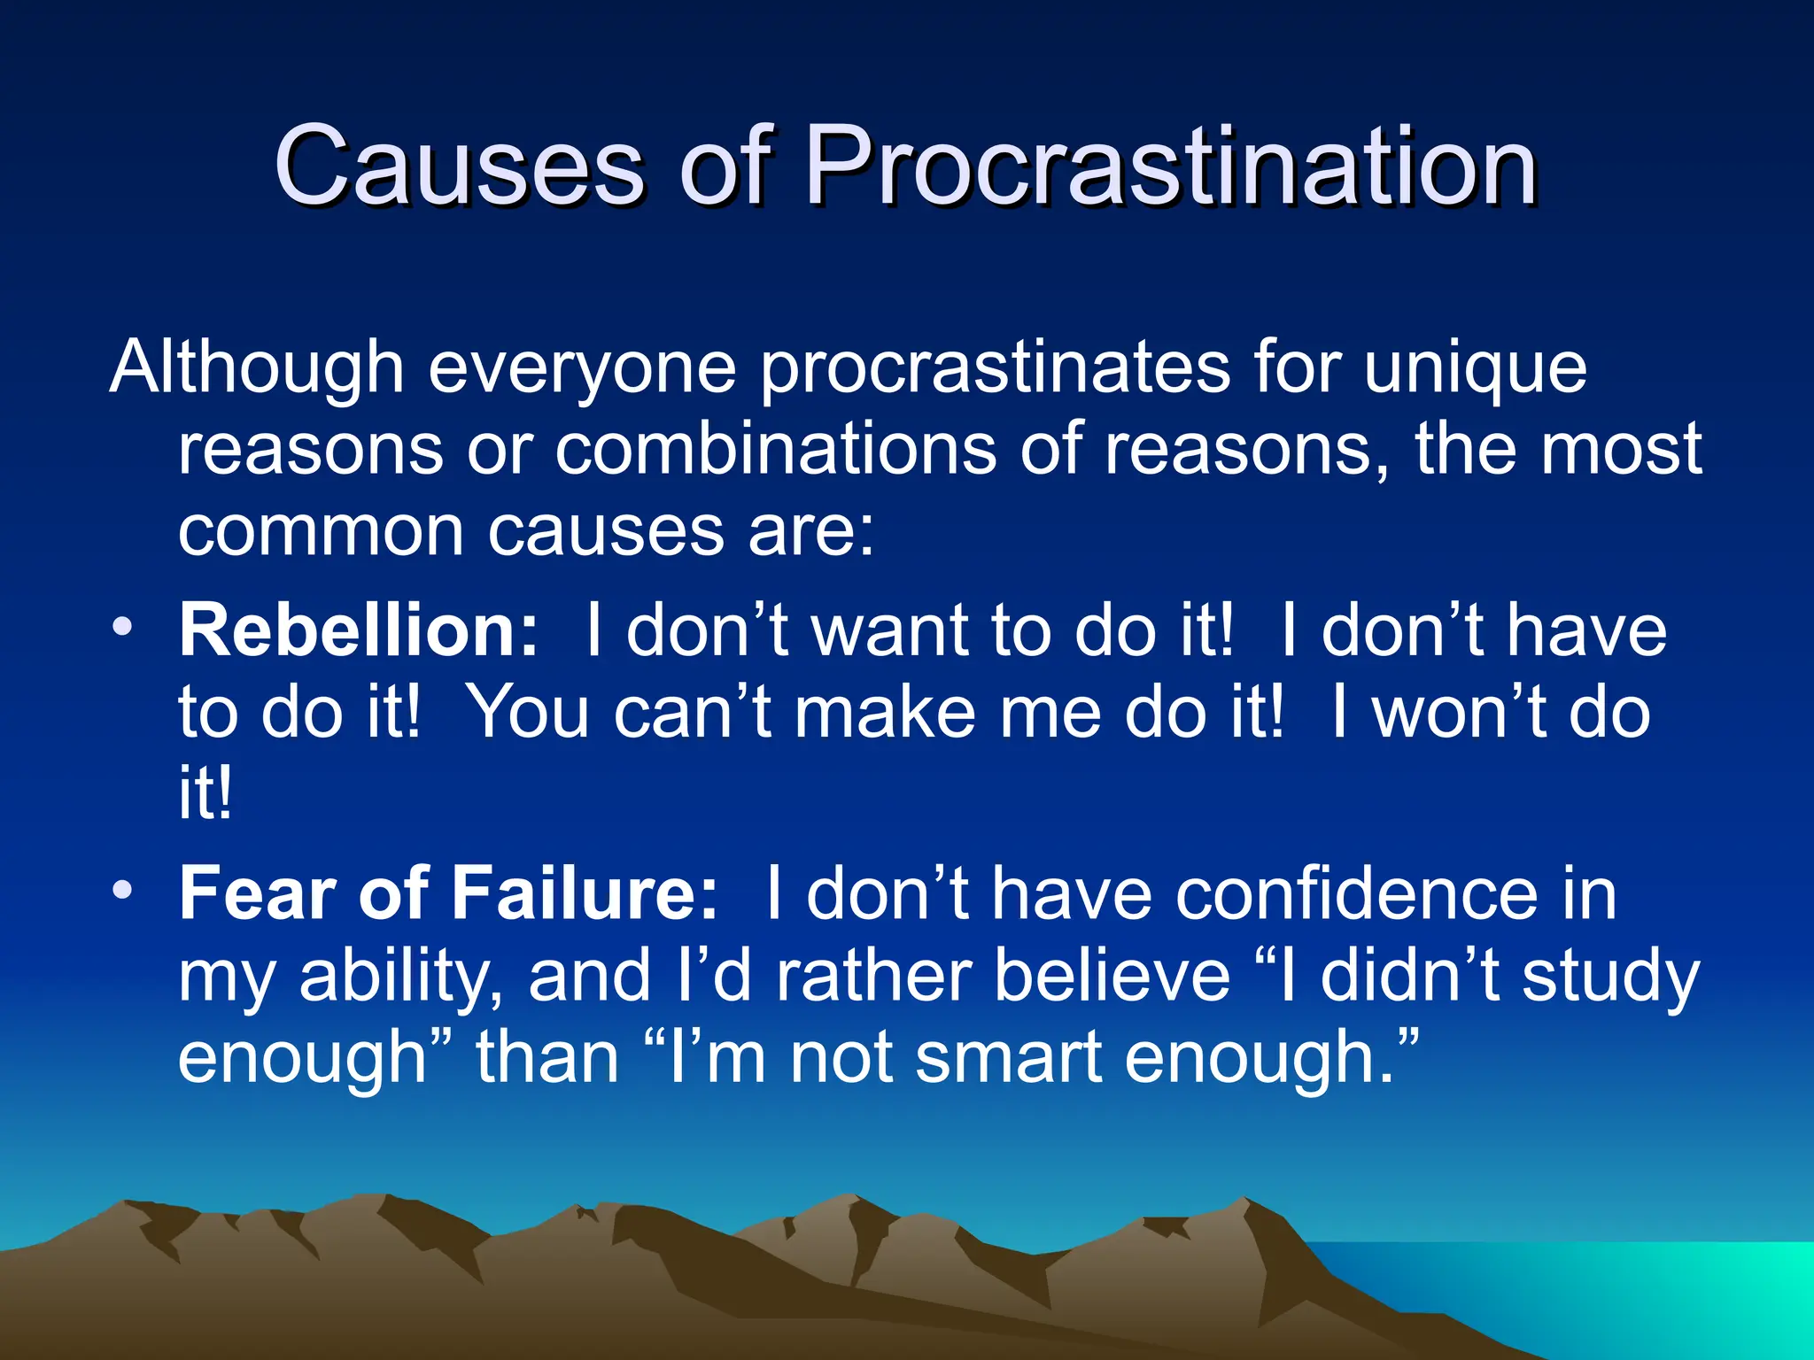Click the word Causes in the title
[459, 166]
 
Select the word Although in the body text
[257, 367]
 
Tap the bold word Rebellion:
[359, 630]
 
